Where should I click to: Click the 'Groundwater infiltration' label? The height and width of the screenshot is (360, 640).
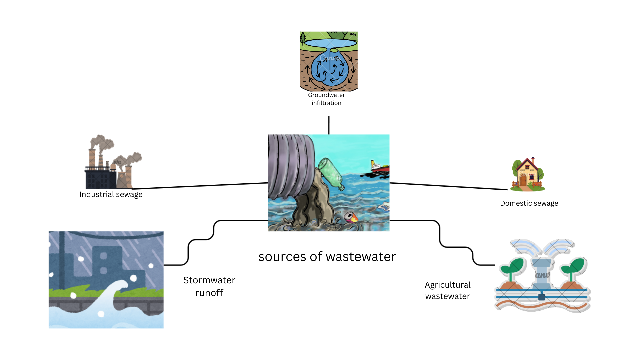(x=326, y=99)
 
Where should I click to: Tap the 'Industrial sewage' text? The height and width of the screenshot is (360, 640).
(x=111, y=194)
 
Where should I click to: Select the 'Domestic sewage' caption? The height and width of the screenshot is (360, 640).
(x=529, y=203)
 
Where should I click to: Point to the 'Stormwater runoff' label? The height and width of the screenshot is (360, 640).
(x=209, y=286)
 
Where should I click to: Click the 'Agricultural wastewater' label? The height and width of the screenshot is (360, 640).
(x=447, y=290)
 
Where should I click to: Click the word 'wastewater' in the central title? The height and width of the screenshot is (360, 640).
(x=361, y=257)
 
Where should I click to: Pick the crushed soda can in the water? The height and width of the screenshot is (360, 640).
(x=351, y=217)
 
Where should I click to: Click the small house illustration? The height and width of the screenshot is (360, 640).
(x=528, y=174)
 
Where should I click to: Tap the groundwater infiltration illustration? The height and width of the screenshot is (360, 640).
(x=329, y=62)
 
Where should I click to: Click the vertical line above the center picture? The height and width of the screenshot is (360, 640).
(x=329, y=125)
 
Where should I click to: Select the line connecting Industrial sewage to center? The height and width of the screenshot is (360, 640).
(x=200, y=186)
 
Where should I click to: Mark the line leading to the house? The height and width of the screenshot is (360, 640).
(x=448, y=186)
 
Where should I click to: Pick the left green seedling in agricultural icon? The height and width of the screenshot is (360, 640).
(x=512, y=268)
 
